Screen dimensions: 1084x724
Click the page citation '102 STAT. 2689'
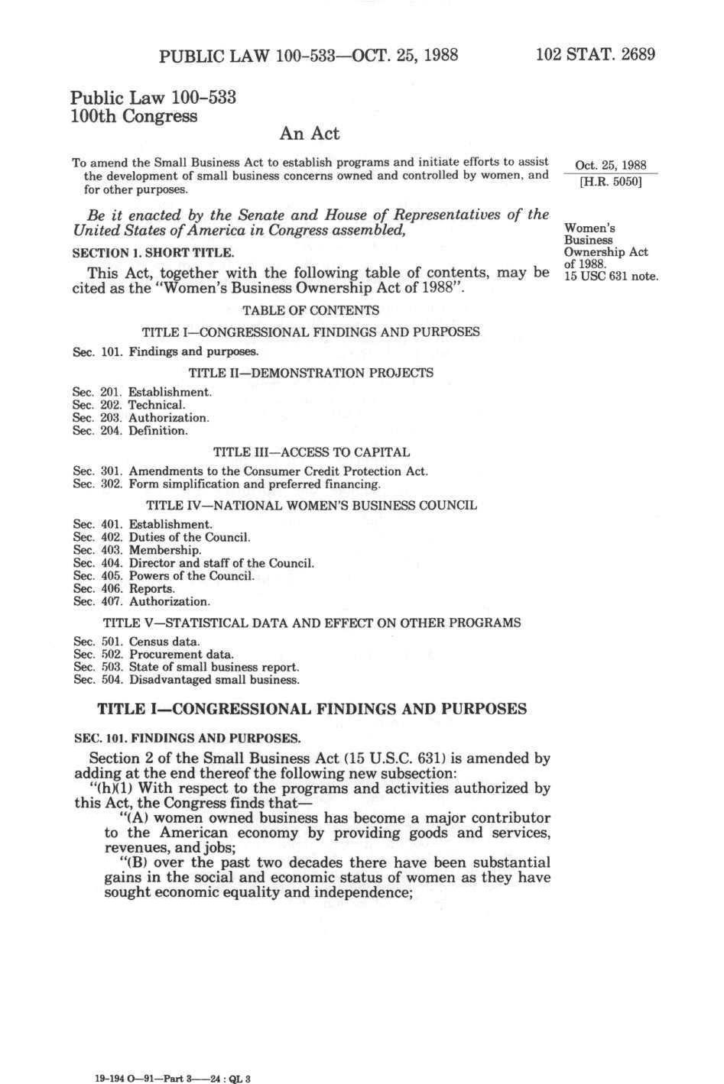596,55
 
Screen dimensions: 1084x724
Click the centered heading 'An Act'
310,134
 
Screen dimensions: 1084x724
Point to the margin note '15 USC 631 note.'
611,276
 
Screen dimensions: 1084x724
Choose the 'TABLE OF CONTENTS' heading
310,310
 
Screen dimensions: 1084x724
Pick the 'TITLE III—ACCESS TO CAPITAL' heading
311,452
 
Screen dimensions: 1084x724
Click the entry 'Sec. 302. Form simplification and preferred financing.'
226,484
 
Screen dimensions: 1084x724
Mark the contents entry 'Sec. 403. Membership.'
138,550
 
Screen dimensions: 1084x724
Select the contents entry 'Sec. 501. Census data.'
137,642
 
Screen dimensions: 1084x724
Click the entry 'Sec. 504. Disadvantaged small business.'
187,680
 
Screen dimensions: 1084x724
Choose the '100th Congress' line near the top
134,116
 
